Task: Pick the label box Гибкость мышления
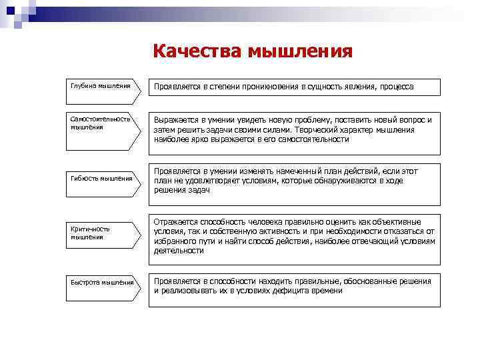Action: tap(101, 179)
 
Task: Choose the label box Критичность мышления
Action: tap(101, 233)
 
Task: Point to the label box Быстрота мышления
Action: tap(101, 283)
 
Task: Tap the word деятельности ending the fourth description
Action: tap(179, 251)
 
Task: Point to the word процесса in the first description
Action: tap(395, 87)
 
